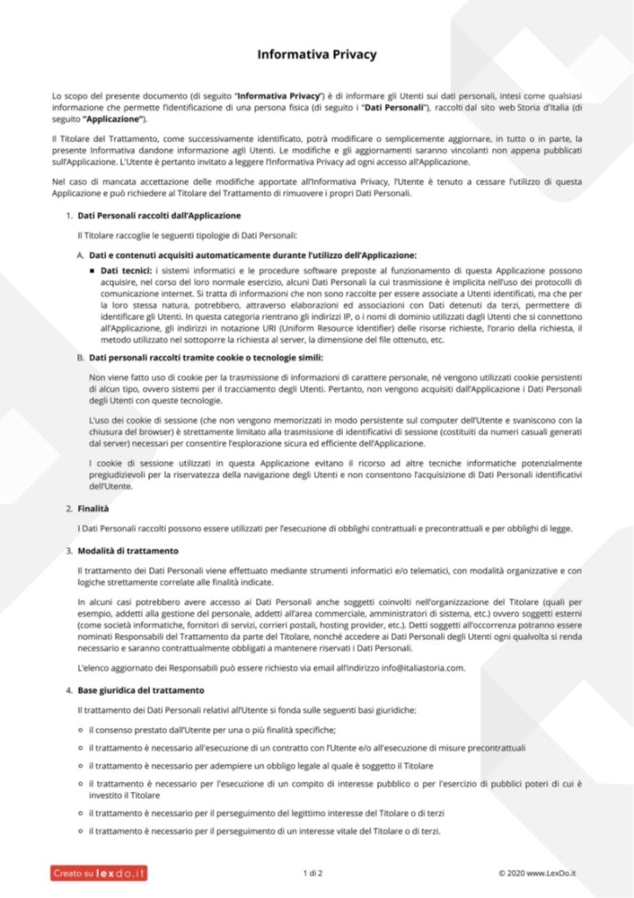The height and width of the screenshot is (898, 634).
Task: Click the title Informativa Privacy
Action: tap(317, 54)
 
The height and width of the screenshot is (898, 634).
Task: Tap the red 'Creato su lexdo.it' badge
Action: tap(98, 873)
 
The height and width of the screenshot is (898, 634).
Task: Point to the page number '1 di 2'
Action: tap(312, 873)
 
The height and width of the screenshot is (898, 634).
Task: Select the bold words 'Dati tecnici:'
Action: tap(125, 271)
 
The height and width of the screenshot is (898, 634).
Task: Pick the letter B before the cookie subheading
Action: tap(80, 358)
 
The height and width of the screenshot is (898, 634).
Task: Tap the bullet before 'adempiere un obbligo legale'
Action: tap(81, 766)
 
